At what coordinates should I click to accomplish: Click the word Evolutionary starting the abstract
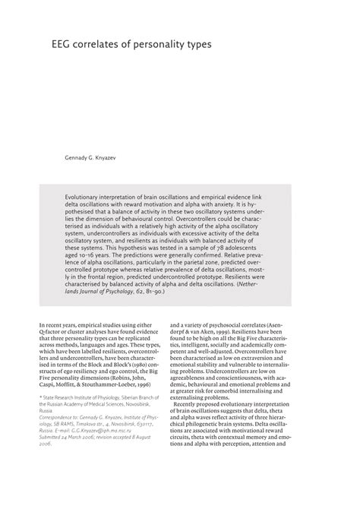point(85,194)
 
